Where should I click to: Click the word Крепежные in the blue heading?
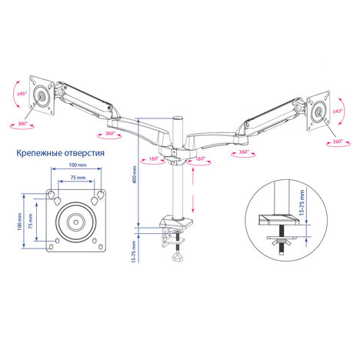(38, 153)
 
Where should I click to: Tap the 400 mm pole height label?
(134, 175)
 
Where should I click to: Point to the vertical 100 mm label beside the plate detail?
(19, 222)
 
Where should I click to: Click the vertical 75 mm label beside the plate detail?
(30, 221)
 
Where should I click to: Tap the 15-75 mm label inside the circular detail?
(302, 203)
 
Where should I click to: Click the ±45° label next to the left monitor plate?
(22, 94)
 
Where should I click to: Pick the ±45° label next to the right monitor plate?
(338, 112)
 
